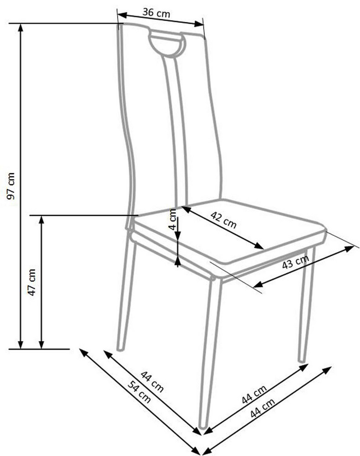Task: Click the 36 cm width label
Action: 156,13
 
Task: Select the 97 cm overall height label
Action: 11,186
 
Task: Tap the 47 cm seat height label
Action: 32,282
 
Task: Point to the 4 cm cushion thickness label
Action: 173,219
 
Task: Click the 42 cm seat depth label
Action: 224,220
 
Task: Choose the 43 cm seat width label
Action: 295,262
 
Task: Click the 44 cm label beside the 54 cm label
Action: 152,381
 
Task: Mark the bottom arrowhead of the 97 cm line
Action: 21,345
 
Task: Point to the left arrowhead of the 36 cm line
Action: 122,15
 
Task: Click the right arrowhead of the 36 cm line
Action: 199,24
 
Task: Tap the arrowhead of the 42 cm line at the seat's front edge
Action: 259,246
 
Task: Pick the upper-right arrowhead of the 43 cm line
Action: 349,249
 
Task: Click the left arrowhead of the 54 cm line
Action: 84,352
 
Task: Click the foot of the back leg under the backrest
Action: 120,348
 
